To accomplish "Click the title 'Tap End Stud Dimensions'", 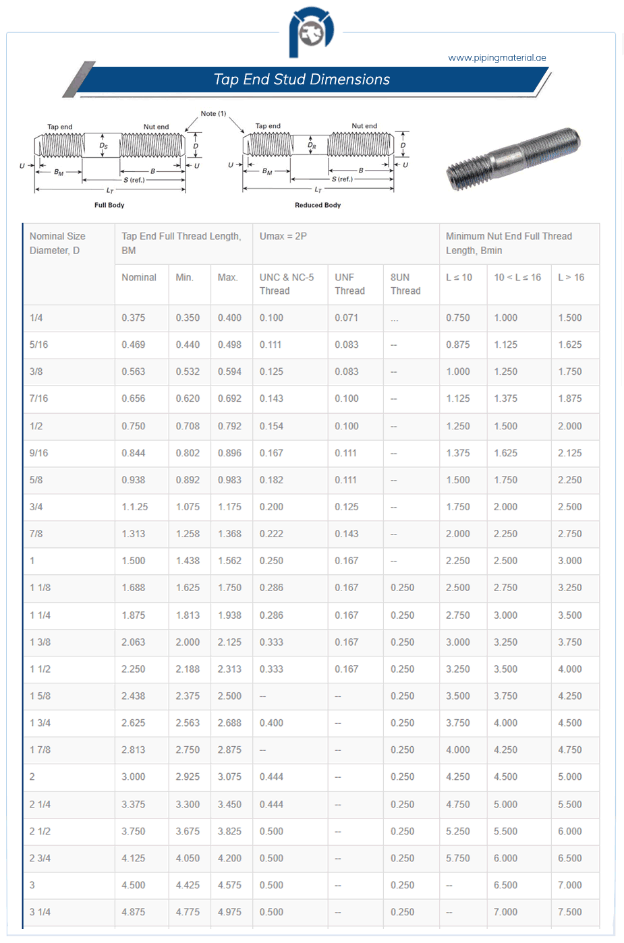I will [x=302, y=80].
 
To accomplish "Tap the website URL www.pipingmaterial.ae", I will [x=497, y=58].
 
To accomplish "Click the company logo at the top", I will [x=311, y=32].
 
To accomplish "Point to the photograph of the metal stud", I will [x=513, y=159].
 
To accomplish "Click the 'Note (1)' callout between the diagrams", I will [x=213, y=114].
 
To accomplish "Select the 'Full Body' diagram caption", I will [x=109, y=205].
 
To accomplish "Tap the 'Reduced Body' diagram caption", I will [x=318, y=205].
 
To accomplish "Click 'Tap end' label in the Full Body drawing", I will [x=60, y=127].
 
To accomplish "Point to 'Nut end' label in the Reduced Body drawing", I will [x=364, y=126].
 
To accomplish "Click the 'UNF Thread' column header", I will [x=349, y=284].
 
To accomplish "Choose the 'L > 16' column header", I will [x=571, y=278].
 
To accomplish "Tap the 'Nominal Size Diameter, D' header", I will [x=57, y=243].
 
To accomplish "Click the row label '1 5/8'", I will [x=40, y=696].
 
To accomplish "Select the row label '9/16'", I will [x=38, y=453].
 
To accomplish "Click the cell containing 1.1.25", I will [x=135, y=507].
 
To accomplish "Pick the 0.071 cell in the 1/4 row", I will [x=346, y=318].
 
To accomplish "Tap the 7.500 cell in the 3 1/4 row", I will [x=569, y=912].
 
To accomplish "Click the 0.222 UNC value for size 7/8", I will [x=271, y=534].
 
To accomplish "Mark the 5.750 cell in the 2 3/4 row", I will [x=457, y=858].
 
